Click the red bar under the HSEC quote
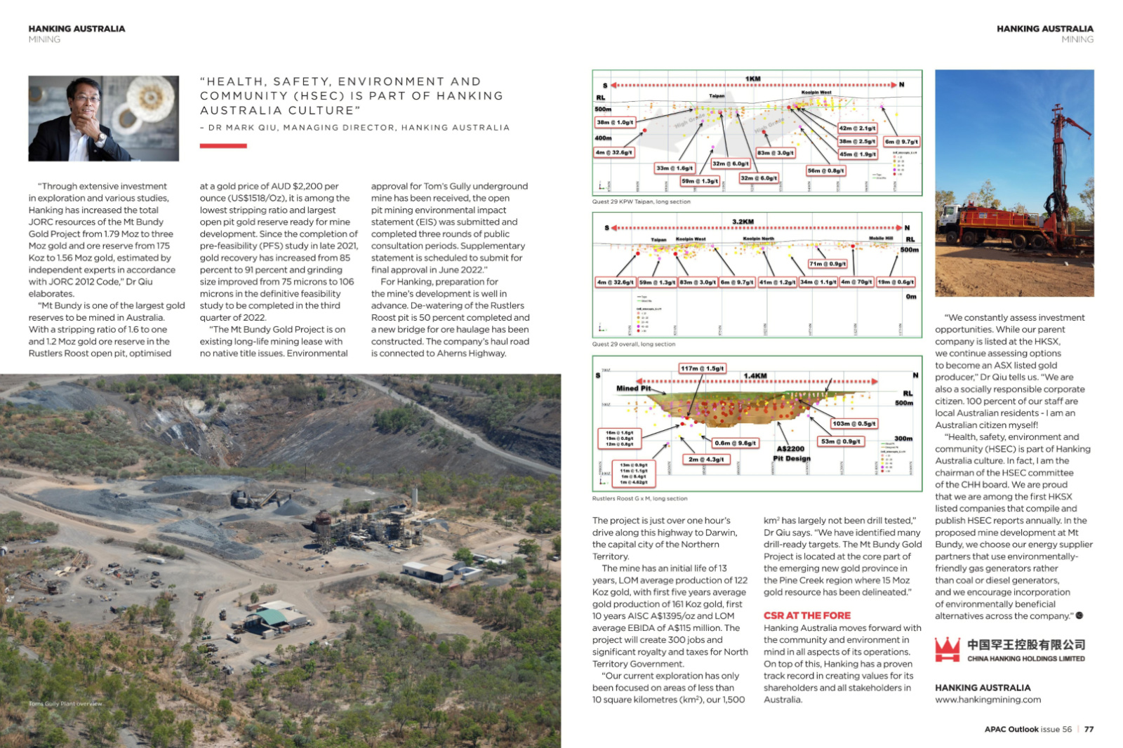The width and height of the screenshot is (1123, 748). coord(223,146)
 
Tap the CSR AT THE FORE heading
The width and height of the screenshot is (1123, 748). coord(806,615)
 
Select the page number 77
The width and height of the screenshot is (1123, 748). coord(1089,729)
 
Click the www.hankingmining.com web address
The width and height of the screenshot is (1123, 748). coord(988,700)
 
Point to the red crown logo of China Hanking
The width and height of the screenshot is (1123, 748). coord(947,650)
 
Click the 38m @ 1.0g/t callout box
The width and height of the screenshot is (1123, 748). coord(615,122)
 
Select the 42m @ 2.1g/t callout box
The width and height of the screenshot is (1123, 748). coord(857,128)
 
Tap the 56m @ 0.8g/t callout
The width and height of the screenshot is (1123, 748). coord(826,171)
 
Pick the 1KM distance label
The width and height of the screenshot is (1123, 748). coord(752,79)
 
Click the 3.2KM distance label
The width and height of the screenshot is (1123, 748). coord(743,222)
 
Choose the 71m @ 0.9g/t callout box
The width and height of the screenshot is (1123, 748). coord(828,264)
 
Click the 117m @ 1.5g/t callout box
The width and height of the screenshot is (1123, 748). coord(702,368)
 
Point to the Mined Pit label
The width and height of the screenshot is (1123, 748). coord(633,388)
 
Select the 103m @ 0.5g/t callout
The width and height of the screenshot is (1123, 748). coord(853,424)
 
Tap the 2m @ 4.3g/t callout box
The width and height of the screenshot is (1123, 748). coord(706,460)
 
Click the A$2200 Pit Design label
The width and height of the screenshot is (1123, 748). coord(792,453)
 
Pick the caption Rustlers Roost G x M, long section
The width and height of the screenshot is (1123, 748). coord(639,499)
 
